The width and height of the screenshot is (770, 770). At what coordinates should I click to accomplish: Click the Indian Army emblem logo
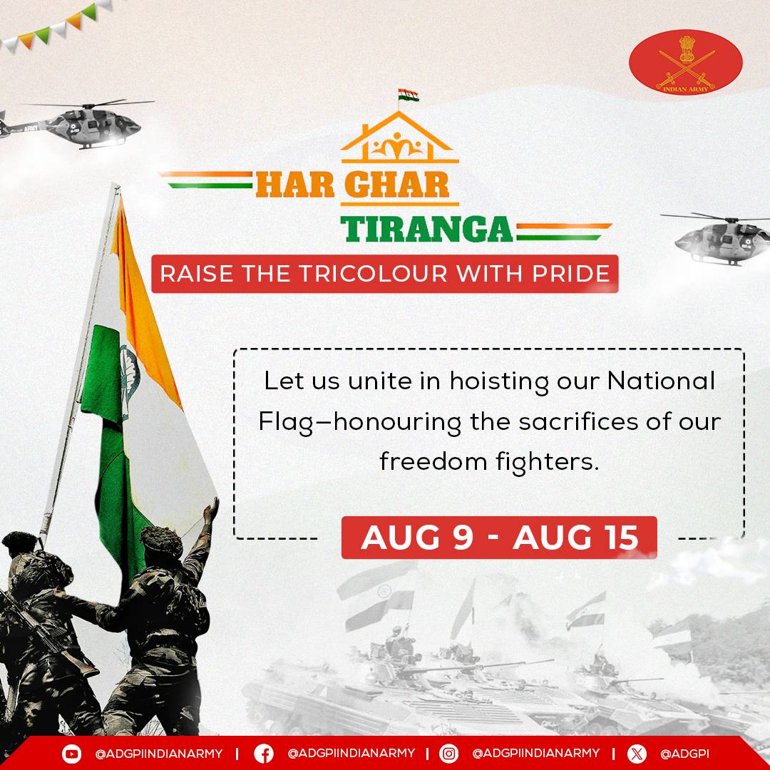coord(685,61)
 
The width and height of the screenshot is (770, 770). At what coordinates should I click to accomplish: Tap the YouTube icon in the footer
coord(71,754)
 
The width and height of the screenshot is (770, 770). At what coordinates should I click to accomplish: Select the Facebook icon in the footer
coord(263,754)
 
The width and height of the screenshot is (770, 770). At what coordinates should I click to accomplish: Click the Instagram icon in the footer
coord(448,754)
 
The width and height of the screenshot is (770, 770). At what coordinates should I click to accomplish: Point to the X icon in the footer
coord(637,754)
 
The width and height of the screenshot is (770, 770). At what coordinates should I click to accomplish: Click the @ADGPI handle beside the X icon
coord(684,754)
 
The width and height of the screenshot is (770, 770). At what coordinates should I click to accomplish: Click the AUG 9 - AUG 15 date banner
coord(499,538)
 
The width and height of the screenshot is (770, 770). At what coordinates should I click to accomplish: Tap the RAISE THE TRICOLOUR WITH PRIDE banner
coord(384,274)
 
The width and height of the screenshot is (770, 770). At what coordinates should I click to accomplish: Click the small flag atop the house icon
coord(408,96)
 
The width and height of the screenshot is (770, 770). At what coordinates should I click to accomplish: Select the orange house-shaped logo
coord(399,140)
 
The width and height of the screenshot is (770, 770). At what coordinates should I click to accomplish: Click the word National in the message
coord(660,381)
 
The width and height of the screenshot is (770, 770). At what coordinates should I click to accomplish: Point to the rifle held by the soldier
coord(43,635)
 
